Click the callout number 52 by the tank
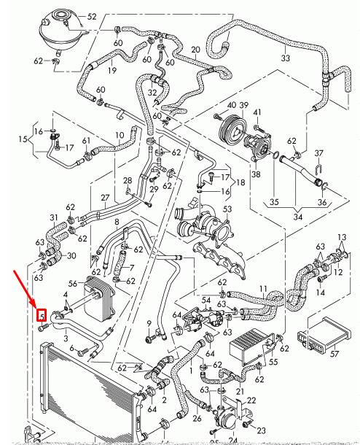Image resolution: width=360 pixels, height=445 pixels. click(91, 17)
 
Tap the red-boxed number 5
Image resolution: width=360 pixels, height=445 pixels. click(42, 315)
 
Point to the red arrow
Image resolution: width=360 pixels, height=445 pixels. click(26, 290)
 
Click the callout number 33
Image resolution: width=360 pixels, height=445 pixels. click(286, 58)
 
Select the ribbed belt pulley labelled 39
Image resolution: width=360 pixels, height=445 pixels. click(232, 128)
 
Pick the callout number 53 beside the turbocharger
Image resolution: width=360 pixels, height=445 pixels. click(227, 209)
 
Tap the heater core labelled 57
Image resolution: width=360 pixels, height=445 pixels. click(323, 332)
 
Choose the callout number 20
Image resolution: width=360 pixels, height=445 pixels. click(195, 50)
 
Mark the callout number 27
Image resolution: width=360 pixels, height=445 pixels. click(105, 198)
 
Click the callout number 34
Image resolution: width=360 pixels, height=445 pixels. click(297, 217)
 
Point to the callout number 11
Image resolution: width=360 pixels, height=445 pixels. click(263, 289)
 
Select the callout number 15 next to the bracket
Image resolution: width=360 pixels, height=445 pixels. click(23, 139)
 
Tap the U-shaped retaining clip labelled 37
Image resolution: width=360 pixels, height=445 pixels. click(318, 169)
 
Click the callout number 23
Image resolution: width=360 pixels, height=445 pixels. click(261, 431)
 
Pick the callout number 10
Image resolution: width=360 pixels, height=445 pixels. click(120, 136)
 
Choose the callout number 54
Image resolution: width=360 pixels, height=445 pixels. click(206, 301)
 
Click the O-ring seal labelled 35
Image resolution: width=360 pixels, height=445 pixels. click(275, 155)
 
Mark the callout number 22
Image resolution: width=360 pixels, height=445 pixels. click(251, 400)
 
